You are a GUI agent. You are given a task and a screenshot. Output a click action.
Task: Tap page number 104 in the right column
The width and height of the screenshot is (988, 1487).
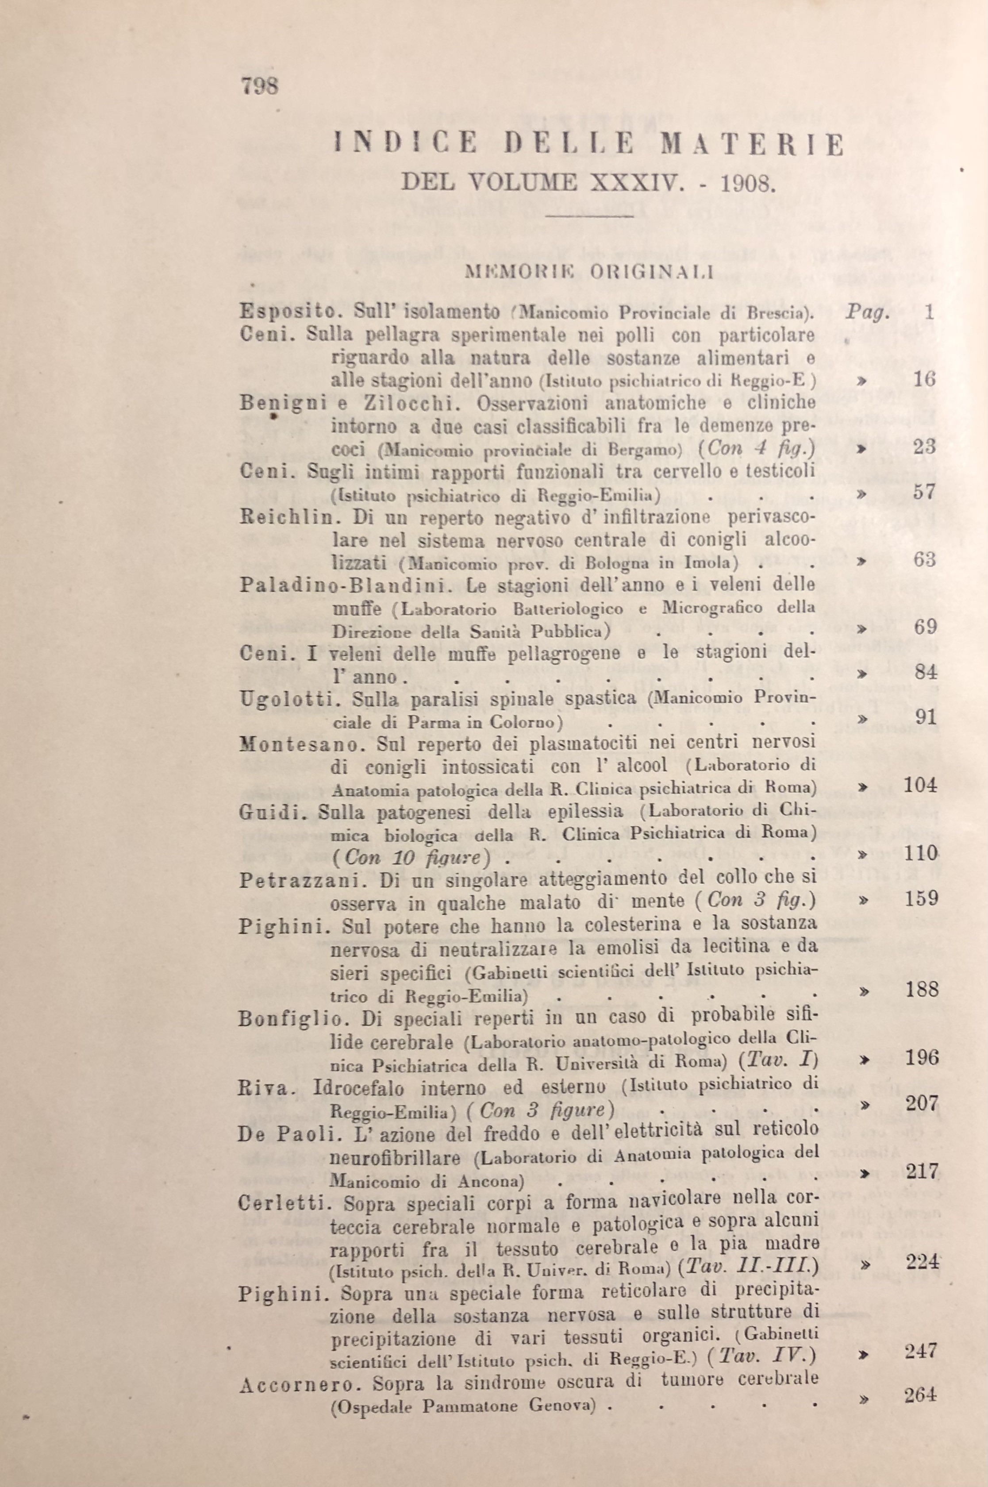click(921, 785)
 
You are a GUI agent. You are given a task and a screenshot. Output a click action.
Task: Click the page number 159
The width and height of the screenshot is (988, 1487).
click(921, 898)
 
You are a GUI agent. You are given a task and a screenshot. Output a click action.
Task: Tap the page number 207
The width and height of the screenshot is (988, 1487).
click(922, 1103)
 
